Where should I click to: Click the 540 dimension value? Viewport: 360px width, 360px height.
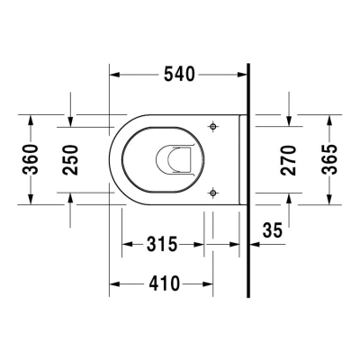(x=178, y=75)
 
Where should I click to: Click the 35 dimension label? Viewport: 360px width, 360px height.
(x=272, y=230)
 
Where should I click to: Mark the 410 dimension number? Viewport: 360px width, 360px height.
(x=162, y=283)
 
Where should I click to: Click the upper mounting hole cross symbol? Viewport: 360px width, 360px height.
(x=212, y=127)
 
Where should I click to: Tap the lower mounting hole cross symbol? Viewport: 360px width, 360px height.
(x=212, y=191)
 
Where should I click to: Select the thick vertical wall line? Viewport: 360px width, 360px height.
(x=247, y=180)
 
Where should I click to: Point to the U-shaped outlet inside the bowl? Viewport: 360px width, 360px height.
(x=175, y=159)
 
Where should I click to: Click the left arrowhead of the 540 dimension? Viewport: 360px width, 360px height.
(x=114, y=75)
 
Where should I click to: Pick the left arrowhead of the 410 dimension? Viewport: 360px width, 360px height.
(x=114, y=283)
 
